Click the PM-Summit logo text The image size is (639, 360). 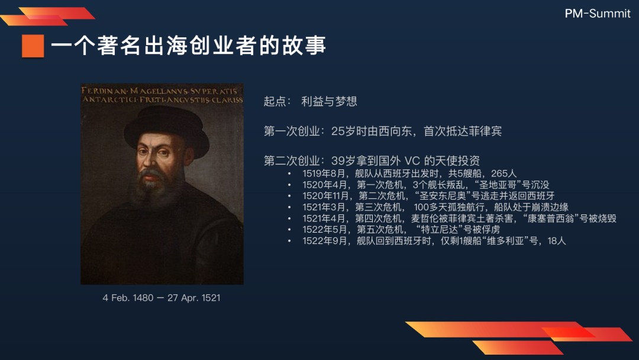(598, 14)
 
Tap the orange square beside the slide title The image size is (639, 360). (33, 46)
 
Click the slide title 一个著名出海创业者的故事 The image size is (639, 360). (188, 45)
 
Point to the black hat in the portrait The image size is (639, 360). (166, 128)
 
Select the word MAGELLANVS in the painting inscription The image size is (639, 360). (159, 91)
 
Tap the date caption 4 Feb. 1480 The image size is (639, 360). (128, 298)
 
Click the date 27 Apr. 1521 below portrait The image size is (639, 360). (194, 298)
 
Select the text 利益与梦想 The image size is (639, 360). (330, 101)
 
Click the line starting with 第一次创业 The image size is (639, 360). (383, 131)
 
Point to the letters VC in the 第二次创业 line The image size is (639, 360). (412, 160)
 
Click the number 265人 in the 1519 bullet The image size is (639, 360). (504, 173)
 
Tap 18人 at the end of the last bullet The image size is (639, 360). (557, 241)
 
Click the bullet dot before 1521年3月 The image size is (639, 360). (289, 207)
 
